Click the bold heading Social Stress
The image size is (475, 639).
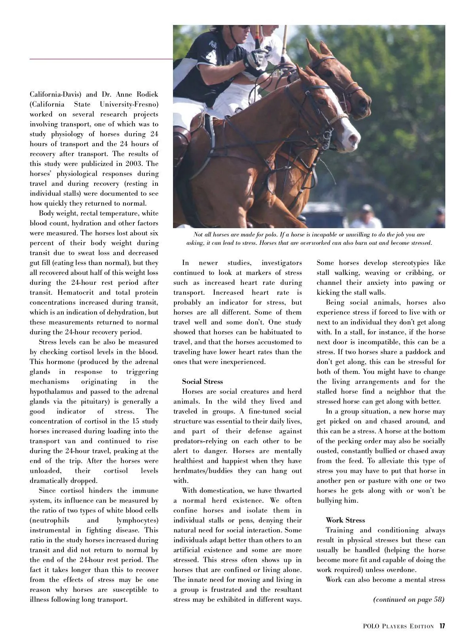pos(202,381)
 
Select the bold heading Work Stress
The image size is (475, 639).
pos(345,520)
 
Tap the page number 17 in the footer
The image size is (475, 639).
pos(442,626)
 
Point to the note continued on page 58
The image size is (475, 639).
pos(408,599)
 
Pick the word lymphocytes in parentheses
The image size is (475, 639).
pos(137,520)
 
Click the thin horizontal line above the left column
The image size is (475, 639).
pos(101,59)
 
